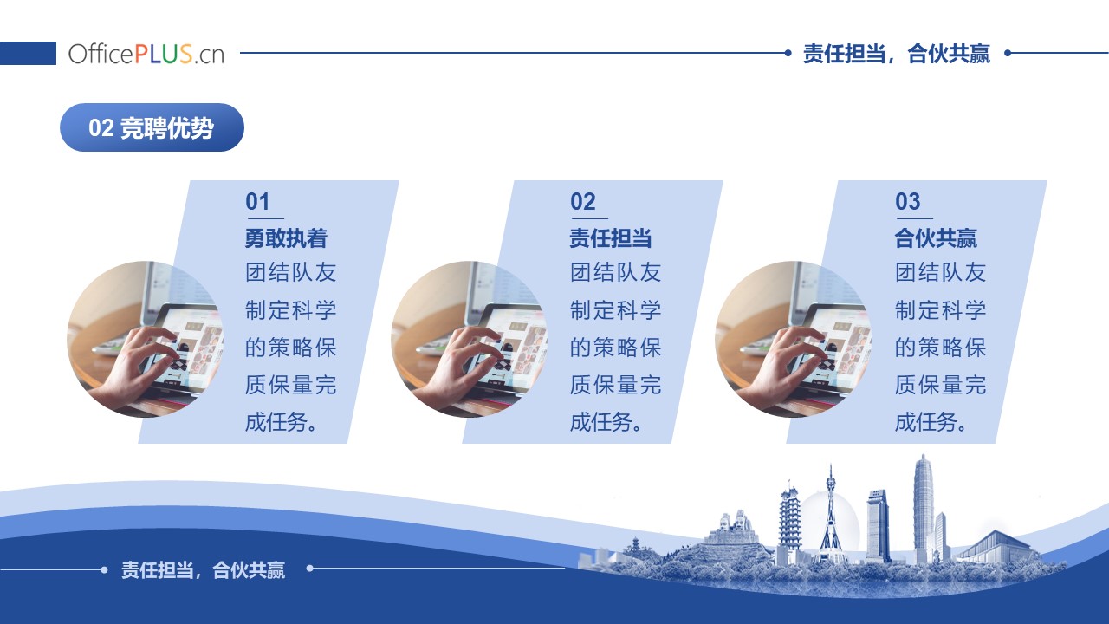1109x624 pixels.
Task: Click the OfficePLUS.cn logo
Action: point(146,54)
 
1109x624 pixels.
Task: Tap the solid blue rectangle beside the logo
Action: point(28,53)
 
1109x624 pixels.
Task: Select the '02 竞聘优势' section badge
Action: point(152,127)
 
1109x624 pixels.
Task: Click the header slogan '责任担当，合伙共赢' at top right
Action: point(896,54)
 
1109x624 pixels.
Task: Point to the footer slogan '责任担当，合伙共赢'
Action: point(203,570)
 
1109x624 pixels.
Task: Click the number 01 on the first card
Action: point(257,202)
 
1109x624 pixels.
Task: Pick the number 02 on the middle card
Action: point(583,202)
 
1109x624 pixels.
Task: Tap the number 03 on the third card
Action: point(907,202)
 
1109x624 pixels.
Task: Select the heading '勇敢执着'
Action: point(286,238)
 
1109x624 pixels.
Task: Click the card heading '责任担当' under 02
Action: point(611,238)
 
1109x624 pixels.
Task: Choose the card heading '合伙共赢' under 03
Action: point(936,238)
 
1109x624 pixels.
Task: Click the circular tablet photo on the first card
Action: point(145,339)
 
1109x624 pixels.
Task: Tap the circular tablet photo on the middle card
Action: point(470,339)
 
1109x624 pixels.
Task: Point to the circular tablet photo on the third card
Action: point(793,339)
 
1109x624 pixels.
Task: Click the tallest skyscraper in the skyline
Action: point(924,510)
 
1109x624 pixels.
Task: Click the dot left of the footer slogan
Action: point(104,570)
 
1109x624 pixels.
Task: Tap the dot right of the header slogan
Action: point(1008,53)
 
